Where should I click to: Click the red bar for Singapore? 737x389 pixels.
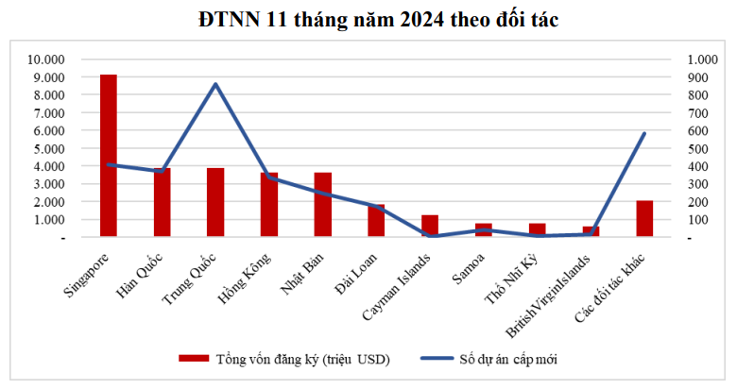(109, 156)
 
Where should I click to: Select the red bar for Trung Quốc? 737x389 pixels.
(215, 203)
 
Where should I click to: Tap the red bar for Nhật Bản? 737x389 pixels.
(323, 205)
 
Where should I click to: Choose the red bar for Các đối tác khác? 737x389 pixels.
(644, 219)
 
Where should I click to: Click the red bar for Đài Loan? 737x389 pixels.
(376, 221)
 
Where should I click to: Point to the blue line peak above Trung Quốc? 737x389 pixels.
(215, 84)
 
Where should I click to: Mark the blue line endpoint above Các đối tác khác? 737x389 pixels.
(644, 133)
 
